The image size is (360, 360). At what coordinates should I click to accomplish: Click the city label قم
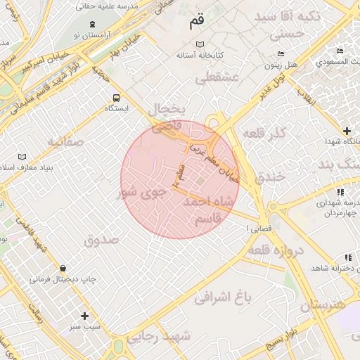[197, 22]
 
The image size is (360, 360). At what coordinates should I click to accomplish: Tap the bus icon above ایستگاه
[115, 98]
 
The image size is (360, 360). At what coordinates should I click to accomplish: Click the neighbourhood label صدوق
[103, 240]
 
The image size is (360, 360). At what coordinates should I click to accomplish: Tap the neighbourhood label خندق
[271, 176]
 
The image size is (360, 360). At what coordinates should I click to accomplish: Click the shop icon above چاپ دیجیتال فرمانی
[63, 268]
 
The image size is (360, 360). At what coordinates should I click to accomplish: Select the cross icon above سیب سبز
[85, 316]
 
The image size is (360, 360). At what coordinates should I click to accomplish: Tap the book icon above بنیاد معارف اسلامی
[22, 156]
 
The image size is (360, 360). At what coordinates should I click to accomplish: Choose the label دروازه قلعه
[275, 251]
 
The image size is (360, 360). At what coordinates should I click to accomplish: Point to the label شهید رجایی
[166, 335]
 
